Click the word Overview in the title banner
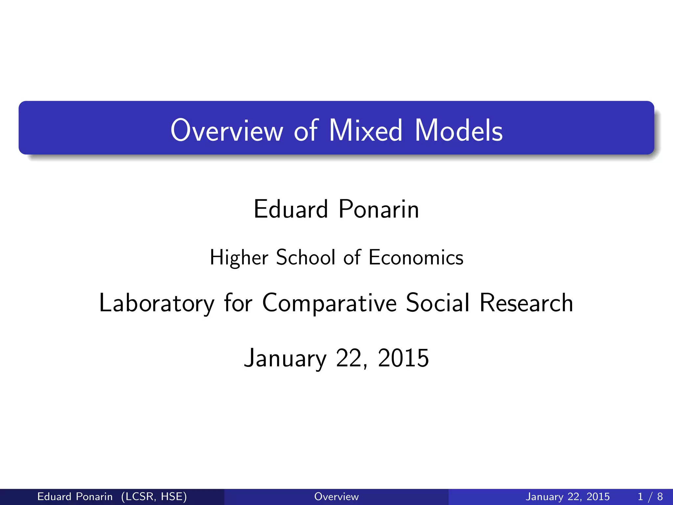tap(226, 131)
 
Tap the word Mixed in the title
tap(365, 131)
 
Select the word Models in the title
tap(458, 131)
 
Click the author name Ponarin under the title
tap(379, 209)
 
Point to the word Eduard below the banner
tap(290, 209)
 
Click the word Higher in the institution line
tap(239, 257)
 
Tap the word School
tap(306, 257)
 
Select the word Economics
tap(416, 257)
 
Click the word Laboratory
tap(157, 303)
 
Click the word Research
tap(526, 303)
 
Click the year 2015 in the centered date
tap(403, 358)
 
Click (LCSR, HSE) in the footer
tap(154, 496)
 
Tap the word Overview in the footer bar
tap(336, 496)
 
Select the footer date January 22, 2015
tap(568, 496)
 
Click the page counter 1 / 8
tap(650, 496)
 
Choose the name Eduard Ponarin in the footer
tap(75, 496)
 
